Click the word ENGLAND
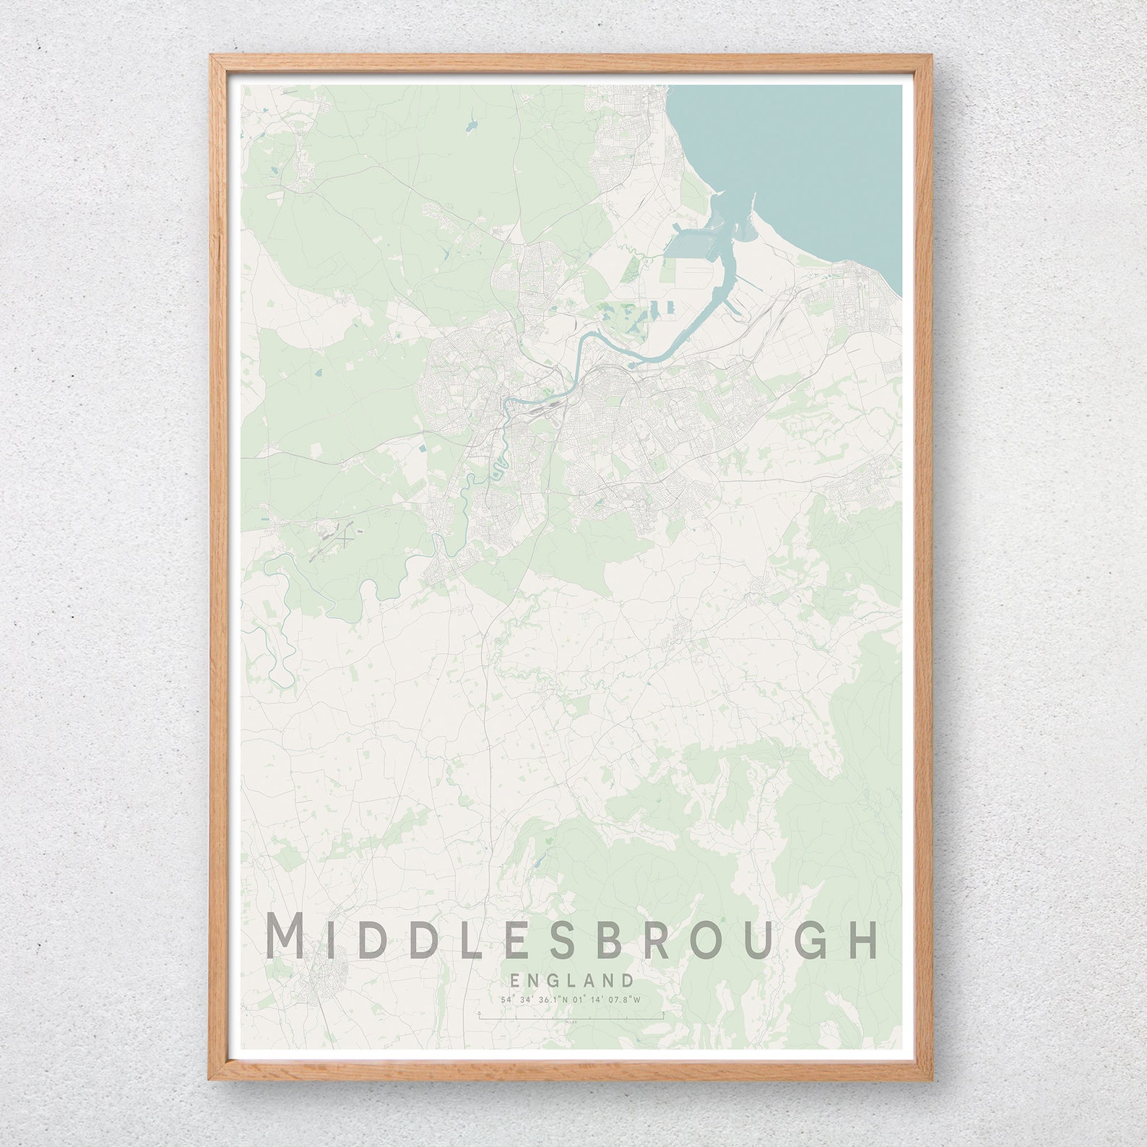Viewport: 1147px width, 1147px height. [x=571, y=980]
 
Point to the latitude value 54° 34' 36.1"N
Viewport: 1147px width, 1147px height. [x=529, y=1000]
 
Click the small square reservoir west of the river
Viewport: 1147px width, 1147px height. [x=422, y=449]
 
